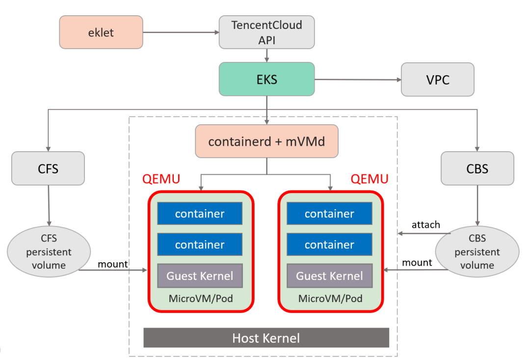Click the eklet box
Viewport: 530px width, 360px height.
click(x=101, y=32)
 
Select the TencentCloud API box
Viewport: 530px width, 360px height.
click(x=266, y=32)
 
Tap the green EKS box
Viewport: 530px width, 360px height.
click(x=266, y=79)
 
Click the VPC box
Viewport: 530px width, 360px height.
click(x=438, y=79)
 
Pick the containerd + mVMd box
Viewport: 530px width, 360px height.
click(x=266, y=141)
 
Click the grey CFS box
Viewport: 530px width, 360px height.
click(x=48, y=168)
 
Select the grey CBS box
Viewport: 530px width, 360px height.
click(x=477, y=168)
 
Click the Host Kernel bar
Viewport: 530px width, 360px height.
click(x=266, y=338)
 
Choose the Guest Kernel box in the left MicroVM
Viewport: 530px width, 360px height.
click(x=200, y=276)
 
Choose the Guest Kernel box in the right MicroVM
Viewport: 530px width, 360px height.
click(x=329, y=276)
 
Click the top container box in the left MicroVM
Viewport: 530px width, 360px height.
click(x=200, y=214)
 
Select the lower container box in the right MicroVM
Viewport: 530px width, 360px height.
click(x=329, y=245)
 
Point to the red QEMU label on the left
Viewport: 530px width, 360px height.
click(x=161, y=179)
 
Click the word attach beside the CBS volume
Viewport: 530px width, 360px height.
click(x=425, y=224)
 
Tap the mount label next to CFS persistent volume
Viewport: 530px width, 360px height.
click(x=113, y=264)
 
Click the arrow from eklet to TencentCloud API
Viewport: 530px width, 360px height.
click(x=181, y=33)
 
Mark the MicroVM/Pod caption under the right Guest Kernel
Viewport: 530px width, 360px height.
click(x=330, y=299)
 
